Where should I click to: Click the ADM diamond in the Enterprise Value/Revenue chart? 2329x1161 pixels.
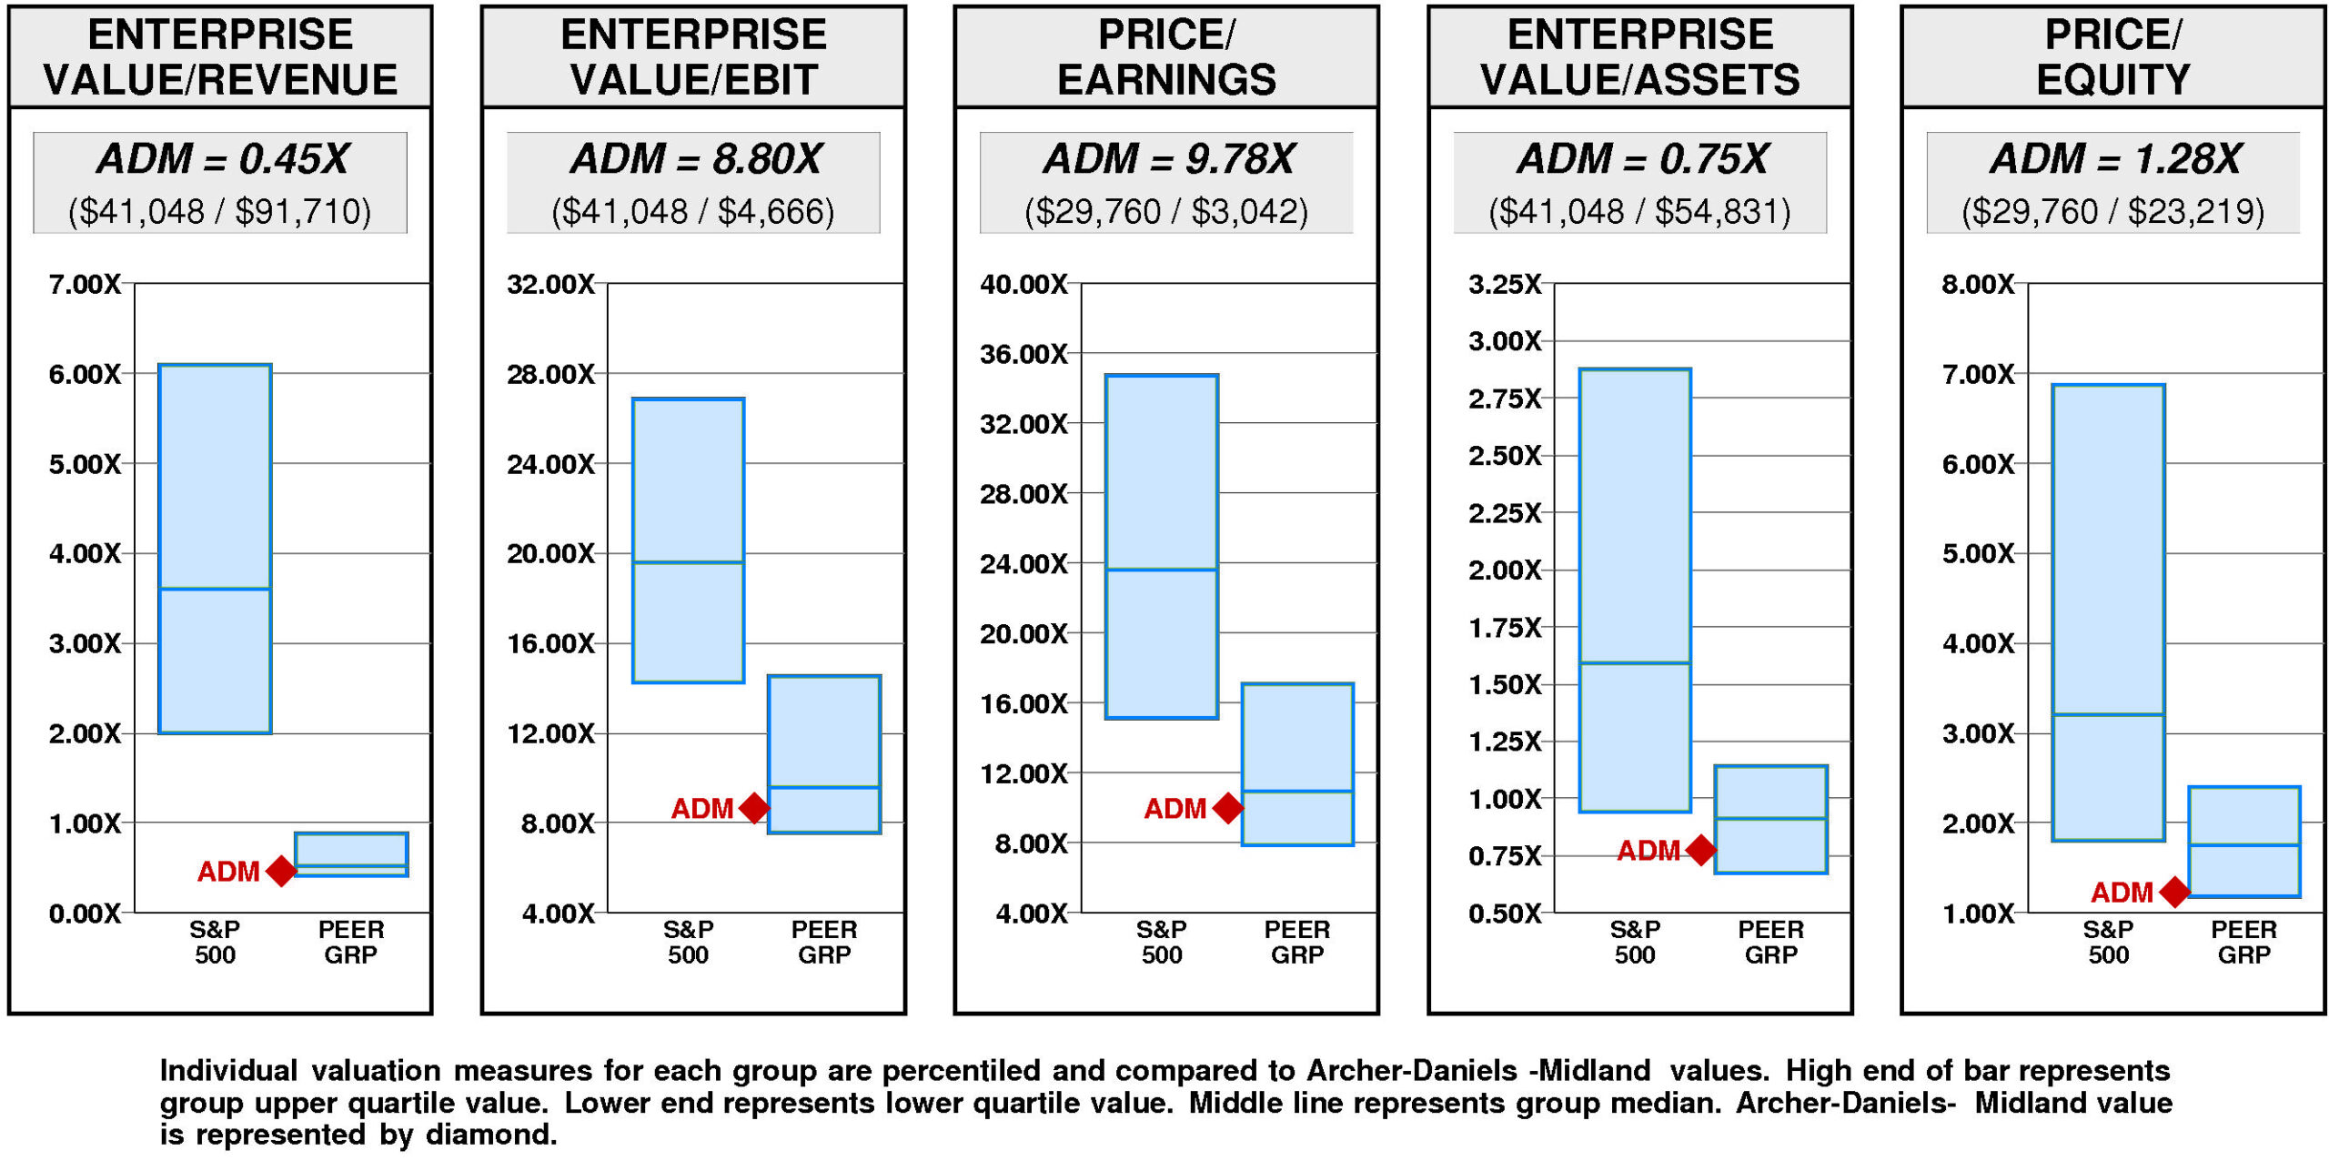coord(281,871)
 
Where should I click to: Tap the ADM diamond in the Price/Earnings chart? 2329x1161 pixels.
coord(1228,808)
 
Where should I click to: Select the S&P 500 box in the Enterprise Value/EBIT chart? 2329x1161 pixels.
coord(688,540)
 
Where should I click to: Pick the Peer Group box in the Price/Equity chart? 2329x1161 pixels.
coord(2243,842)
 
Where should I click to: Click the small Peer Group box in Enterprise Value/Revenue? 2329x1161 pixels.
coord(351,854)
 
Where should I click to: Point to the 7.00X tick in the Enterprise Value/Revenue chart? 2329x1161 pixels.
coord(85,285)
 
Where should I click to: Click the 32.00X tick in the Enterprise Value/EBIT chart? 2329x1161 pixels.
coord(550,285)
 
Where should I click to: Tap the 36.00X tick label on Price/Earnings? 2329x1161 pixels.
coord(1023,354)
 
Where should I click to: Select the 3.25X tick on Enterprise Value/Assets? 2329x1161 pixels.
coord(1505,285)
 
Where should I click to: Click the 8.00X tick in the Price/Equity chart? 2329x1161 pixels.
coord(1978,285)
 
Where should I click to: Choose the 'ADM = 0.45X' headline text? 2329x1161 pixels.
coord(222,159)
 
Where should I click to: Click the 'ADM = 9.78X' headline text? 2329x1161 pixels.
coord(1168,159)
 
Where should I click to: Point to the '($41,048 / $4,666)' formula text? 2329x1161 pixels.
coord(693,212)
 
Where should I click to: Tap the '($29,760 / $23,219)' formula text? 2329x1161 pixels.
coord(2112,212)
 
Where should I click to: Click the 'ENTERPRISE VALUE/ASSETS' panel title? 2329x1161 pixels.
coord(1639,57)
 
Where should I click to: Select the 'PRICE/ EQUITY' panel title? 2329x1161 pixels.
coord(2112,57)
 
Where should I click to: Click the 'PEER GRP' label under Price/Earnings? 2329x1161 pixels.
coord(1297,942)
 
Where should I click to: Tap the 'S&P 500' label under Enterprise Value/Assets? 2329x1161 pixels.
coord(1635,942)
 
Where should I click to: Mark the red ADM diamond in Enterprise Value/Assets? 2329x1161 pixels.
coord(1700,850)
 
